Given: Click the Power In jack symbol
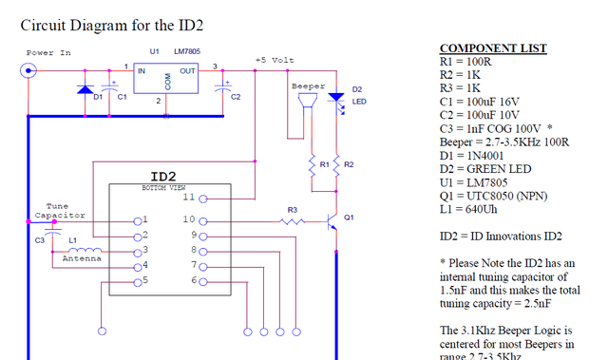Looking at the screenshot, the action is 28,71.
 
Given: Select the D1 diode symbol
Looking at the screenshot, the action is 85,90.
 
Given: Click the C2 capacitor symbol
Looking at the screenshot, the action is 223,87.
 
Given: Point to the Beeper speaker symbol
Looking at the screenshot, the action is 308,102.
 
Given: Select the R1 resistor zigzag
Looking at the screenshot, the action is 312,166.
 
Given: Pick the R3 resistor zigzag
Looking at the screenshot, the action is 293,221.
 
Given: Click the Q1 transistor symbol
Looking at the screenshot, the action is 332,221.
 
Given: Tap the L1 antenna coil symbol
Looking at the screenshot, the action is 85,250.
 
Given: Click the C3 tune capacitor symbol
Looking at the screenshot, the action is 53,232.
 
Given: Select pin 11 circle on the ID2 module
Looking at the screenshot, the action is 203,199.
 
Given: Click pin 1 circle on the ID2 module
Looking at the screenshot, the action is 138,221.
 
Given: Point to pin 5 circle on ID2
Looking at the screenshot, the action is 138,283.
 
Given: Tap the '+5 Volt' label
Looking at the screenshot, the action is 275,60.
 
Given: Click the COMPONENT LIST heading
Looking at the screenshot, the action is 493,48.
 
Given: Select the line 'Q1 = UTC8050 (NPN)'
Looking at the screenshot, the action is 494,196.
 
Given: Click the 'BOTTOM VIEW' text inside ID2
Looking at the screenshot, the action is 163,188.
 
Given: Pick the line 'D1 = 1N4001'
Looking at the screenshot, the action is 471,156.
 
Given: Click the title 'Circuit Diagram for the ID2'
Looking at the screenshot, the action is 112,26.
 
